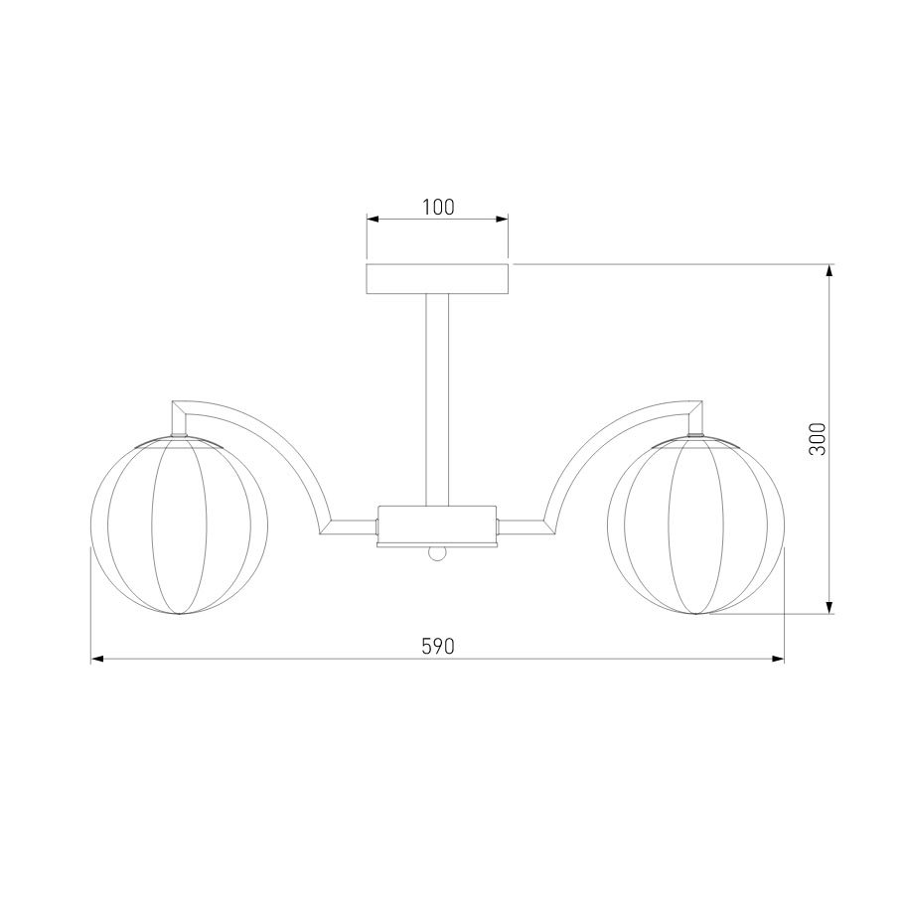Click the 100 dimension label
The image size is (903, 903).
click(x=438, y=207)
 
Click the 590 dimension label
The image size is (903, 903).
click(x=438, y=647)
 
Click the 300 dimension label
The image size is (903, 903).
click(x=818, y=439)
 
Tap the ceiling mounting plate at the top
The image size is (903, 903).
click(x=437, y=279)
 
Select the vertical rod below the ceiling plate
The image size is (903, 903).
click(x=437, y=399)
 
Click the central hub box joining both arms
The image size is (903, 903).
click(x=436, y=526)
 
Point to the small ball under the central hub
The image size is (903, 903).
click(x=437, y=553)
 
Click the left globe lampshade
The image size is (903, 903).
click(x=179, y=526)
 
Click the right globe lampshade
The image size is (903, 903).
click(x=695, y=526)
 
